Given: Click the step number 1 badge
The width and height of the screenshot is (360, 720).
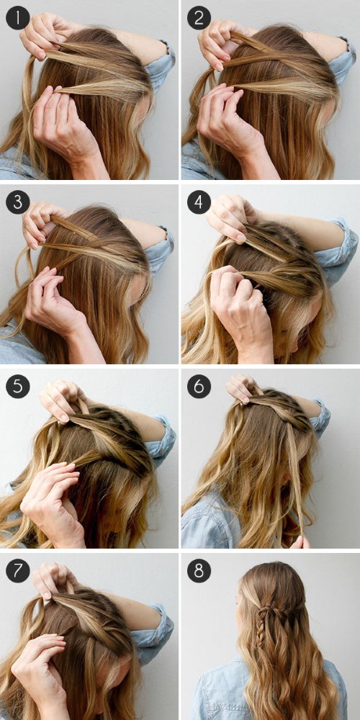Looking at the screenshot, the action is [x=17, y=18].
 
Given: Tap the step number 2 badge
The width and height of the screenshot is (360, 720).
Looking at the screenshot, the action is [x=199, y=18].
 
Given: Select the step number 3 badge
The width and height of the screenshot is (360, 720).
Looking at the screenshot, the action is [x=17, y=202].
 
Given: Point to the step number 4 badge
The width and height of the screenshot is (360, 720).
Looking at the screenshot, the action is [x=199, y=202].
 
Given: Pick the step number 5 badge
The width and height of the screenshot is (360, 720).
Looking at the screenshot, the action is [x=17, y=387].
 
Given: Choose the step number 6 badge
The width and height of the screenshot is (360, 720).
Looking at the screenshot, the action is [x=199, y=387].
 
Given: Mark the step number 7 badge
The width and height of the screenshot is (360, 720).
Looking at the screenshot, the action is [x=17, y=571].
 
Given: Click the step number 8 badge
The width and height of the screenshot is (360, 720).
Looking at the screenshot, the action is [x=199, y=571].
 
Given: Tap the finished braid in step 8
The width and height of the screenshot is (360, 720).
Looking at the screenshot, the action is [x=265, y=624].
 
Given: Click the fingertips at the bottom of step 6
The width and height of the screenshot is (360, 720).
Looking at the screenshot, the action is [x=300, y=542].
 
